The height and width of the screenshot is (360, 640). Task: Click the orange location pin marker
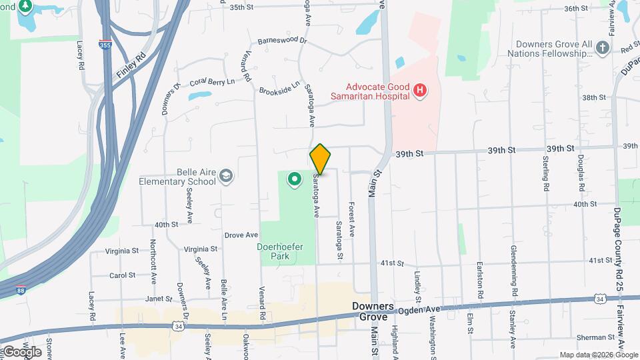[321, 159]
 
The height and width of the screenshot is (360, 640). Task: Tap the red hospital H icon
[420, 91]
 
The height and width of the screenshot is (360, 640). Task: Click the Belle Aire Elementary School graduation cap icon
[227, 175]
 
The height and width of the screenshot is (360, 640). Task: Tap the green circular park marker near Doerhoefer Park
[294, 179]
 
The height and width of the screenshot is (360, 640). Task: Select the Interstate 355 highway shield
[105, 45]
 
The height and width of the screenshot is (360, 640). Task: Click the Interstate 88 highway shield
[23, 291]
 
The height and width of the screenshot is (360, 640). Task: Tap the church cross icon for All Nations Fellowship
[603, 47]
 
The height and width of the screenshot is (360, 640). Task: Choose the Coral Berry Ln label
[212, 82]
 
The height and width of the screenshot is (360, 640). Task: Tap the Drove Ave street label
[241, 235]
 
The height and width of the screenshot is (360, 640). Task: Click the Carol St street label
[123, 275]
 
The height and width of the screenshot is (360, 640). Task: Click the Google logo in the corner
[21, 351]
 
